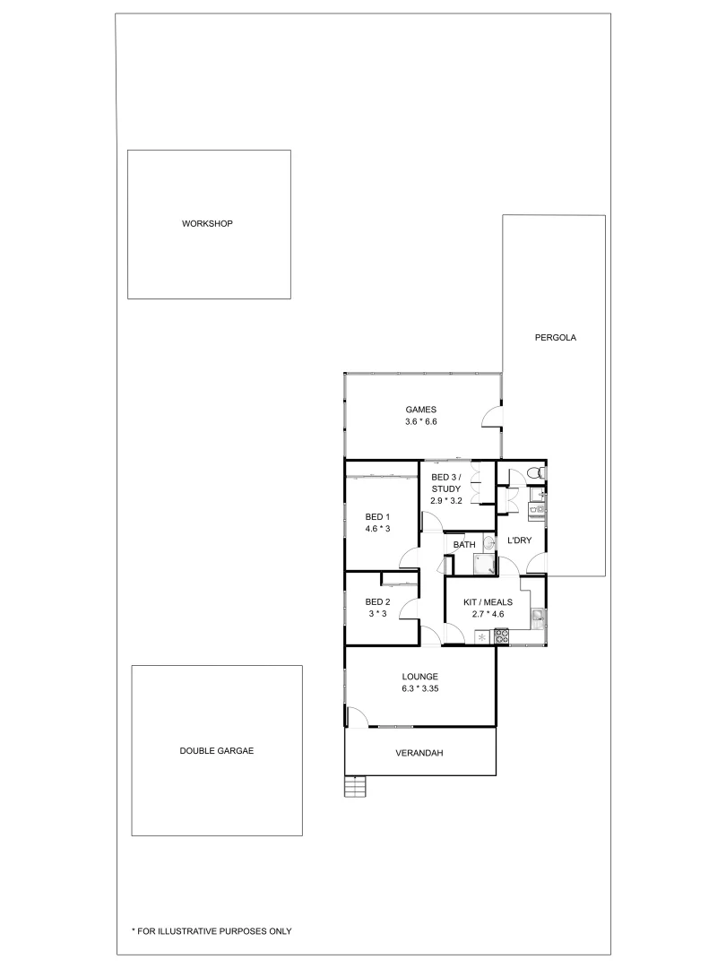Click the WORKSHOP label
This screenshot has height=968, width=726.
tap(207, 223)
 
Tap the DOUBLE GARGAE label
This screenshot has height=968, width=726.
tap(216, 751)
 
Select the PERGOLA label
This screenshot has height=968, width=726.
tap(555, 338)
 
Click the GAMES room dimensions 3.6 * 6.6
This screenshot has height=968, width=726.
tap(420, 421)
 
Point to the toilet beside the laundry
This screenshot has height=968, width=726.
tap(532, 472)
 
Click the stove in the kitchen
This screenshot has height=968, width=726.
tap(502, 636)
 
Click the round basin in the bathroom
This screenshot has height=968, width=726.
tap(488, 543)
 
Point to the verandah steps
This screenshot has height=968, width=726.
tap(357, 786)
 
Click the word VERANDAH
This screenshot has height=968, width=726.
tap(419, 753)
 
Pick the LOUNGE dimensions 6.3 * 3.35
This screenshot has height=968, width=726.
tap(419, 688)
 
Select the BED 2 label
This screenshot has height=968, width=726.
tap(377, 601)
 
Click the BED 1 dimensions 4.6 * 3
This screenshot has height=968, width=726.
tap(377, 529)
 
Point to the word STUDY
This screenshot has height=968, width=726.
tap(445, 488)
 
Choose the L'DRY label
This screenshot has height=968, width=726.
tap(519, 540)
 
